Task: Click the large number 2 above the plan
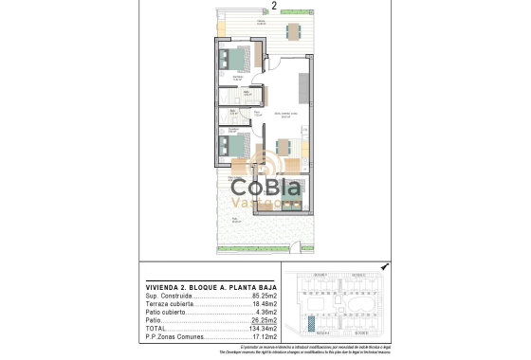click(274, 6)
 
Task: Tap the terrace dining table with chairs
click(291, 28)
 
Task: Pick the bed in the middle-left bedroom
click(233, 147)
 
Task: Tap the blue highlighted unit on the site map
click(312, 323)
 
